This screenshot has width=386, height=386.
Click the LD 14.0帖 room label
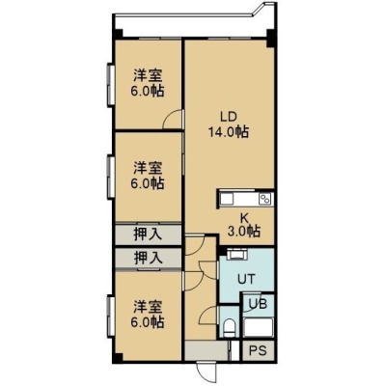point(229,124)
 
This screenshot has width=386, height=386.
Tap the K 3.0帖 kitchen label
point(244,225)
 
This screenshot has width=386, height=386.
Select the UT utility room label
point(246,279)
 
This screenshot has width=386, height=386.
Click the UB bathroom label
point(259,304)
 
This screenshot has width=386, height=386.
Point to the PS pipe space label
point(259,350)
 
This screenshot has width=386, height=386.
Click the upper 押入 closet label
point(148,234)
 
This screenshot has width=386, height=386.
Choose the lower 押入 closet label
point(148,258)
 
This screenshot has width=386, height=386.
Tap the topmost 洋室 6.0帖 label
point(148,83)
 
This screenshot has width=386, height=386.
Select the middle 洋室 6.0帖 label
point(148,176)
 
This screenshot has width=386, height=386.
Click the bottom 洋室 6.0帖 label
point(148,314)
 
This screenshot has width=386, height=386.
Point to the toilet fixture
point(230,327)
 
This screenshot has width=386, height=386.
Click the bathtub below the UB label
point(259,327)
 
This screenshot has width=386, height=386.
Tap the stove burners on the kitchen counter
point(266,199)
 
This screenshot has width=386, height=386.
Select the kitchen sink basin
point(226,199)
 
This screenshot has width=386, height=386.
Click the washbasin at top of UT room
point(236,255)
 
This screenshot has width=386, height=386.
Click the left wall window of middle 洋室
point(111,177)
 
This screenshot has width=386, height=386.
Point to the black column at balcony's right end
point(271,38)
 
